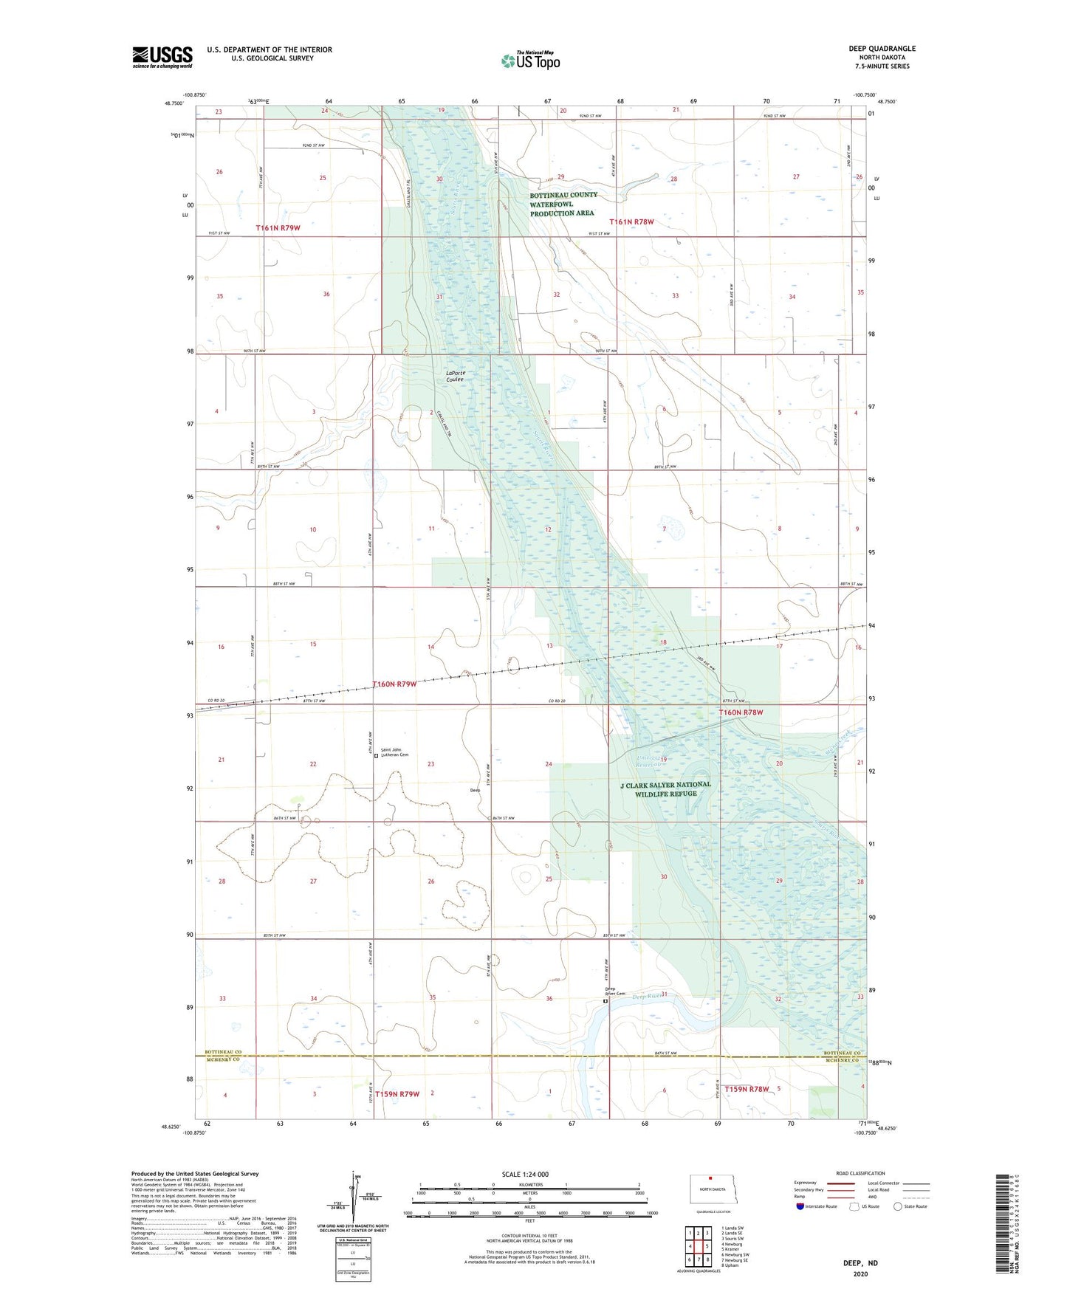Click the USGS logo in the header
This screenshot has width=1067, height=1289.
coord(162,56)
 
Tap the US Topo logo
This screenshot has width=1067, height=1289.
coord(530,61)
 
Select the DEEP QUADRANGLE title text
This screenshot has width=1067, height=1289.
coord(882,49)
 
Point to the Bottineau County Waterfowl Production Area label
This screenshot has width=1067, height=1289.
coord(563,204)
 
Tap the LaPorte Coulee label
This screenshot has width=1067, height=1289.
coord(456,376)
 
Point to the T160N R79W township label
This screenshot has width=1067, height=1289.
coord(394,684)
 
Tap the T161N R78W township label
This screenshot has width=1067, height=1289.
coord(631,221)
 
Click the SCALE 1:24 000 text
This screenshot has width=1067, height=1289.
coord(525,1174)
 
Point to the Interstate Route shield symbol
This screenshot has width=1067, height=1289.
coord(800,1206)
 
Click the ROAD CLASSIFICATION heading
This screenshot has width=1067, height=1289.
coord(860,1173)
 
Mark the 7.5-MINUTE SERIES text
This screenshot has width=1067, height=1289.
coord(882,66)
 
